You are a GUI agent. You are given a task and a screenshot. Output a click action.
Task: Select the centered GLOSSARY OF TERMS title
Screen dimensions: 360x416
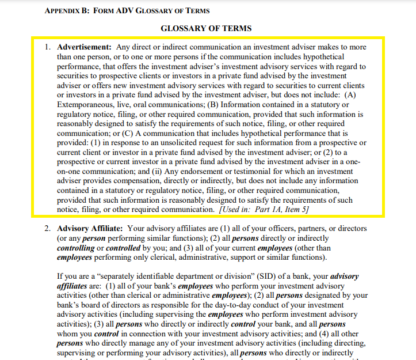click(206, 28)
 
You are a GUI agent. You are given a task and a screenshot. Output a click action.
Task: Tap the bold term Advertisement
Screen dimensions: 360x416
click(85, 47)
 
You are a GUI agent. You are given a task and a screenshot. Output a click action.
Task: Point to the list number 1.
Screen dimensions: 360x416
click(48, 47)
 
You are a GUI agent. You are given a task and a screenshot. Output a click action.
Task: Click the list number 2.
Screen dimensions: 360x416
click(48, 229)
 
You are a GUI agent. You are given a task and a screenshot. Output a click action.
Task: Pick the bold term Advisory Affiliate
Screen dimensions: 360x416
click(91, 229)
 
